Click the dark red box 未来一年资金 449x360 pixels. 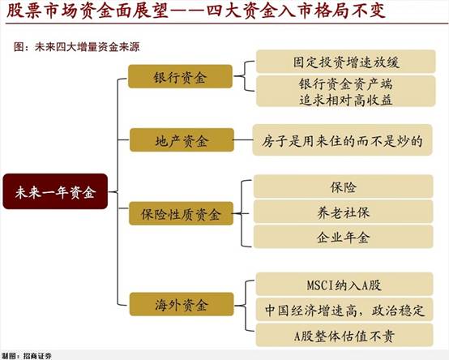click(55, 191)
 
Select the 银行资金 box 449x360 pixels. click(180, 76)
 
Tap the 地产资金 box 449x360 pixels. click(182, 139)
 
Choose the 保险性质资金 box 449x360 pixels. click(181, 213)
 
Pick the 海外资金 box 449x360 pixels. click(182, 304)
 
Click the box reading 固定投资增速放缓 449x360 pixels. click(345, 62)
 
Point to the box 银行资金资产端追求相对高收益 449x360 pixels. click(345, 91)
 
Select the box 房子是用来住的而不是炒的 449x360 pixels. click(342, 140)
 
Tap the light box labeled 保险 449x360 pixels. click(344, 186)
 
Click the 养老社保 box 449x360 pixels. click(344, 212)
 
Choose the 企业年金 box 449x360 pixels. click(344, 237)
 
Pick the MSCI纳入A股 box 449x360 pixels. click(344, 284)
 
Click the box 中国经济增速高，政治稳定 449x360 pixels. click(344, 310)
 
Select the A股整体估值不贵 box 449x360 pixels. click(344, 335)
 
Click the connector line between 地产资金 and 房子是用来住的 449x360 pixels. click(243, 139)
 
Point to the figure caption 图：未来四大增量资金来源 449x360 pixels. click(77, 47)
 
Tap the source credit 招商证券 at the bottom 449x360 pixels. click(37, 356)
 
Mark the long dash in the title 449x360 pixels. click(186, 11)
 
